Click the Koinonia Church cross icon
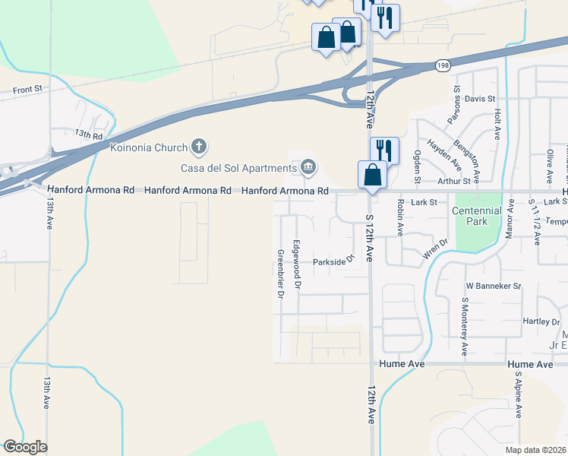point(199,146)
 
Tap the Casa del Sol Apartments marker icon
point(309,166)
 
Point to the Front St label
point(27,90)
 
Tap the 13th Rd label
point(88,135)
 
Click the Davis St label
point(480,99)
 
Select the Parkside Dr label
point(334,261)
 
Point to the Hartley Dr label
point(541,321)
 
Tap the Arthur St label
point(456,181)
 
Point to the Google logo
point(25,447)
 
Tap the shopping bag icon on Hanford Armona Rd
point(372,174)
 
